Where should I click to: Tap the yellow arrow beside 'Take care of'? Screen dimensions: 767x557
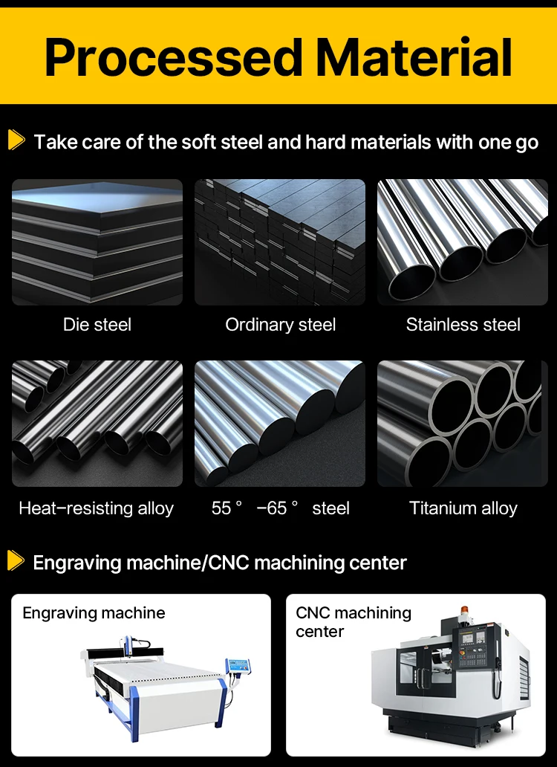pos(16,140)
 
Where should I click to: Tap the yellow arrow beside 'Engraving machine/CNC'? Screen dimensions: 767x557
pos(16,560)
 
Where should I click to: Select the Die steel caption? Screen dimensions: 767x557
pos(97,325)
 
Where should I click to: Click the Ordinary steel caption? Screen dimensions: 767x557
pos(280,325)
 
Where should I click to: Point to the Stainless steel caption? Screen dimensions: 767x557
pos(463,325)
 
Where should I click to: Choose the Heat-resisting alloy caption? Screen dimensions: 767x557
pos(97,508)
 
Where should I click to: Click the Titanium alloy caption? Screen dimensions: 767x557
pos(463,508)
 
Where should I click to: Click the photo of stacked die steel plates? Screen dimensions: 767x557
pos(97,242)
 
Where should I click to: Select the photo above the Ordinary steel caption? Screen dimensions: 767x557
pos(280,242)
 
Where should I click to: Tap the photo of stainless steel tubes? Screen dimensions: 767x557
pos(463,242)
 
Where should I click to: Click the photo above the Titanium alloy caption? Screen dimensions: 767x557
pos(463,424)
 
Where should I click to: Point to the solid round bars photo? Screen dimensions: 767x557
pos(280,424)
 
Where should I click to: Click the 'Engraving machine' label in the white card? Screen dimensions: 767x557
pos(94,613)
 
